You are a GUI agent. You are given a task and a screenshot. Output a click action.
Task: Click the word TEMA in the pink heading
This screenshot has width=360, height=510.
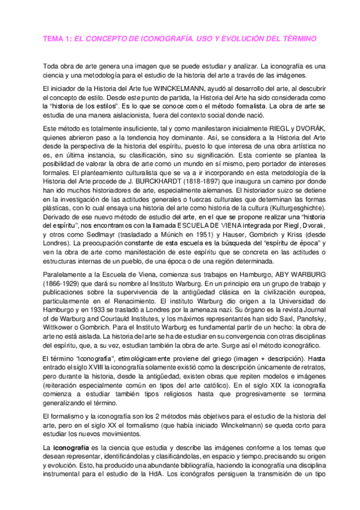click(53, 38)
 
